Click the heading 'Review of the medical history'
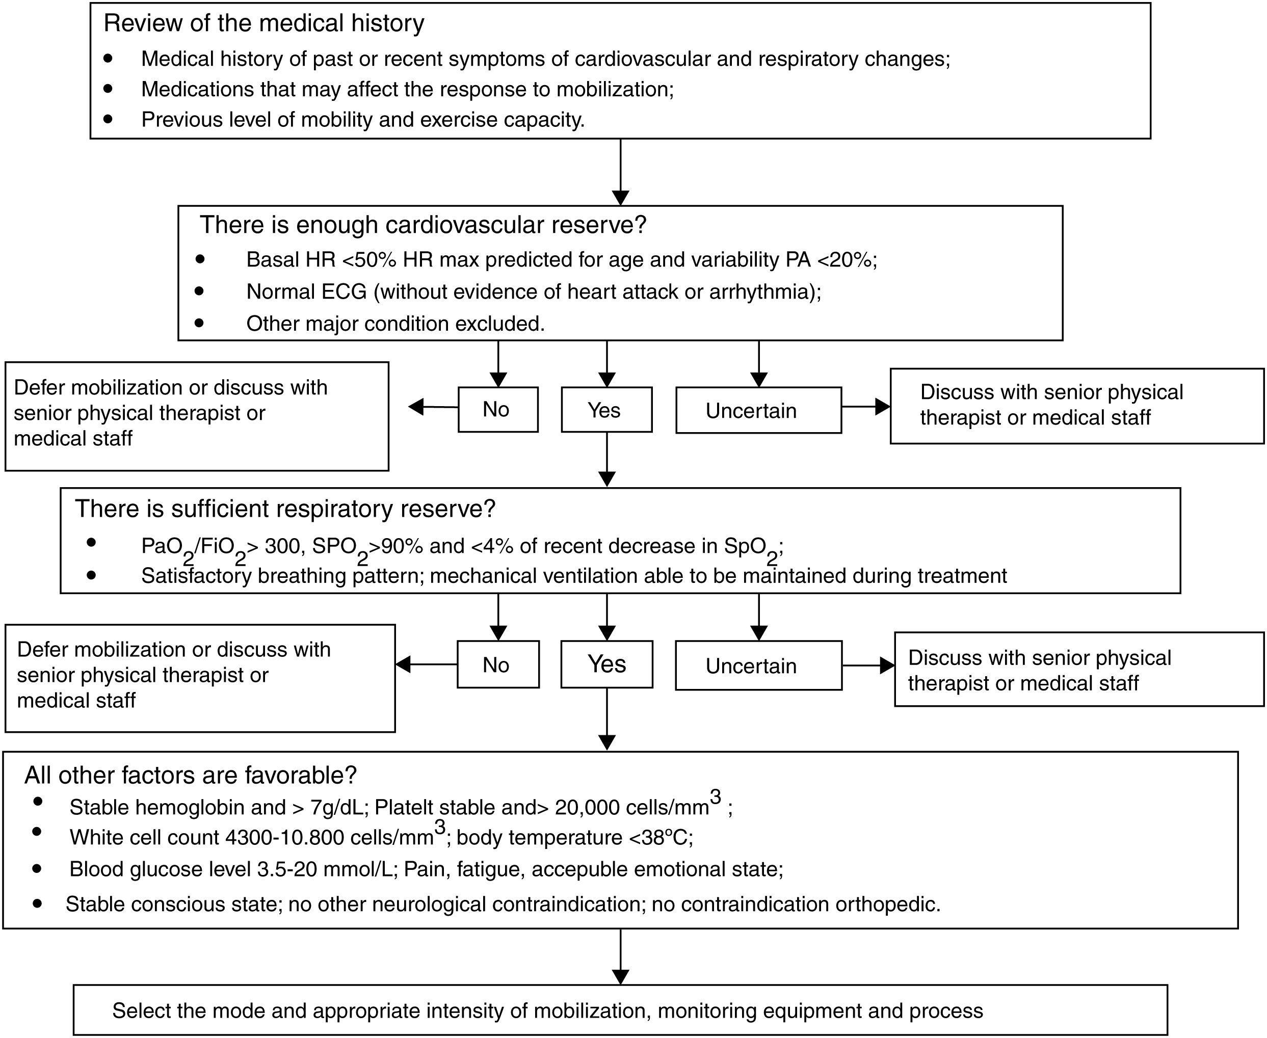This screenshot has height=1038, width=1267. pyautogui.click(x=263, y=24)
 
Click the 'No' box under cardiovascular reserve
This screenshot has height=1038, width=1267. pyautogui.click(x=497, y=410)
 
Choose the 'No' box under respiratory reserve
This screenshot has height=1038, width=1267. pyautogui.click(x=497, y=665)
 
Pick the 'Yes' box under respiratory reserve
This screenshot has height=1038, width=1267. pyautogui.click(x=606, y=664)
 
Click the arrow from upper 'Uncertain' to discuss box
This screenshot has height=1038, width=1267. pyautogui.click(x=865, y=407)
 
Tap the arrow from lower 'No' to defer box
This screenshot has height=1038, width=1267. pyautogui.click(x=426, y=664)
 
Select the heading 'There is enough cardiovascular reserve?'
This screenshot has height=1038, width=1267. pyautogui.click(x=423, y=225)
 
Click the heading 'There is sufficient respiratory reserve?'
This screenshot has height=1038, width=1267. pyautogui.click(x=284, y=509)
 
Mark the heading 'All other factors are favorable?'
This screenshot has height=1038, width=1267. pyautogui.click(x=190, y=776)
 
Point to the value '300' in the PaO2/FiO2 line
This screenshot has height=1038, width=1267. pyautogui.click(x=282, y=546)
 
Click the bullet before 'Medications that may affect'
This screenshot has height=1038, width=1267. pyautogui.click(x=108, y=89)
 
